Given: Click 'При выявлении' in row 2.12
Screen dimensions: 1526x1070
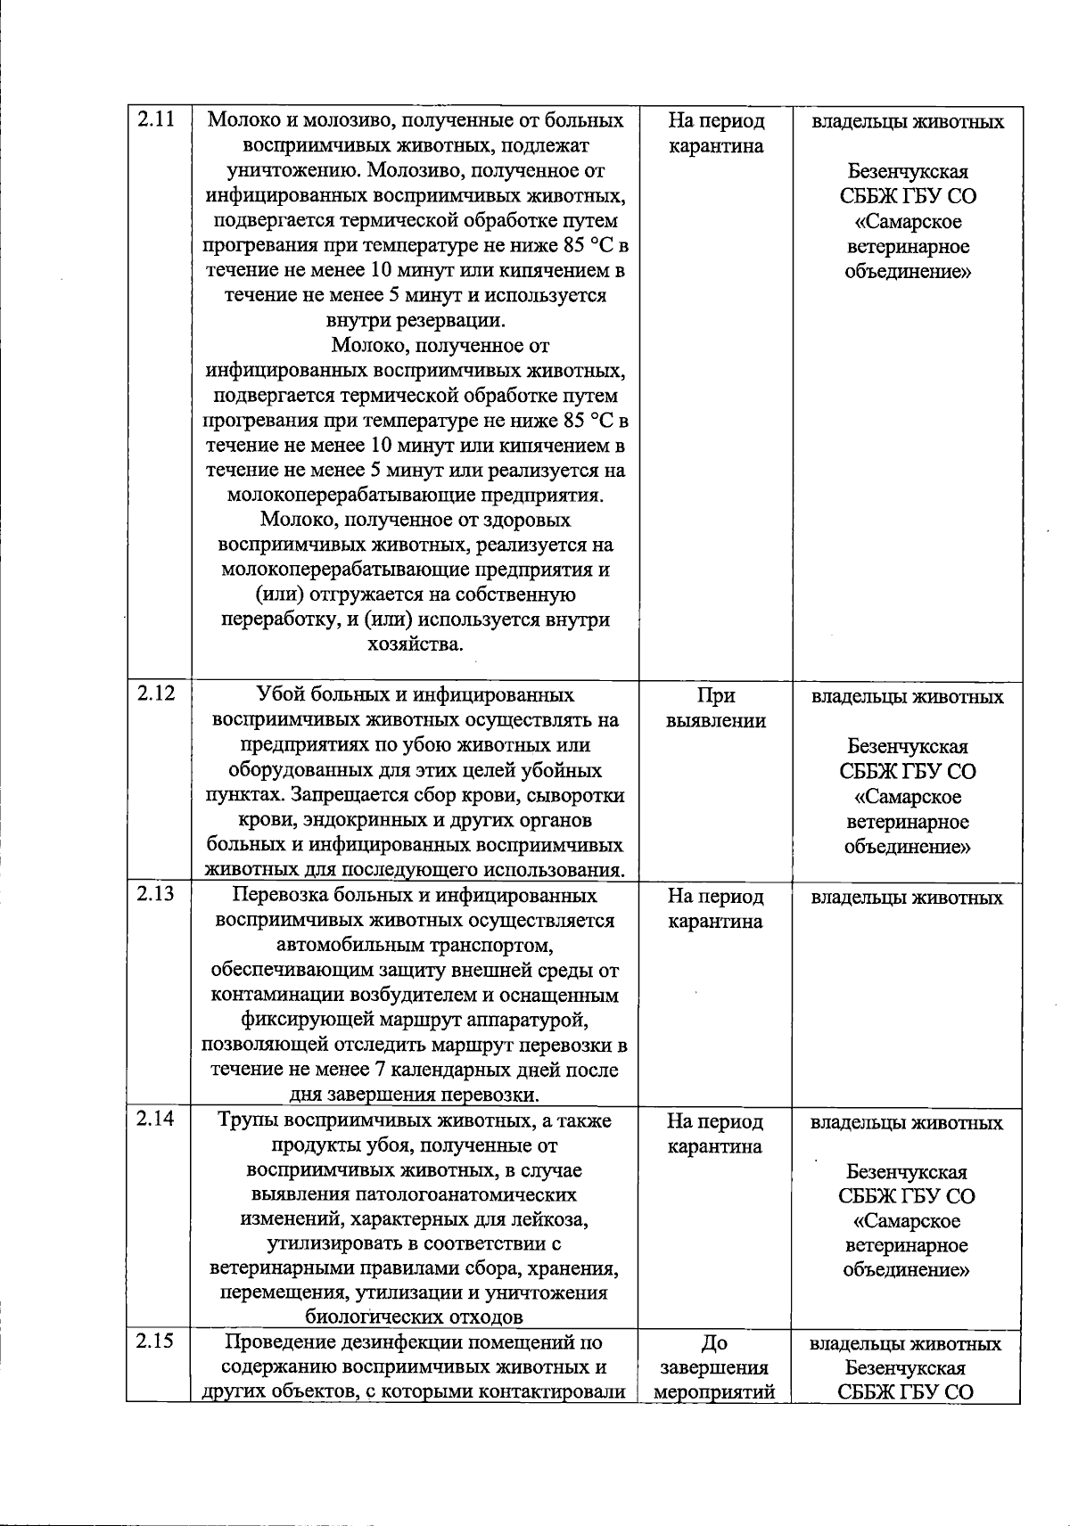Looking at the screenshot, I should (715, 708).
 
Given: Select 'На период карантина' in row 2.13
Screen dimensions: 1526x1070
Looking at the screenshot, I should (715, 908).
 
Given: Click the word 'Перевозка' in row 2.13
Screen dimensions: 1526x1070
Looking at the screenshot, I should (275, 896).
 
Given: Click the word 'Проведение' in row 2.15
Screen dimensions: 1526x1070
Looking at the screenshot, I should (276, 1342).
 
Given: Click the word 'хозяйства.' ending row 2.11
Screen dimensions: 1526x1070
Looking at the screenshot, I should (415, 644).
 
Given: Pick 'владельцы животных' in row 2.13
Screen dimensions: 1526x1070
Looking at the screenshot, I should (907, 898).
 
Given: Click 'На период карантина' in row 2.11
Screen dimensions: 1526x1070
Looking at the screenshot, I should (715, 133).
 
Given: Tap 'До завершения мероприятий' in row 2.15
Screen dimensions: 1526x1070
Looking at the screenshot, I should (715, 1367).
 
